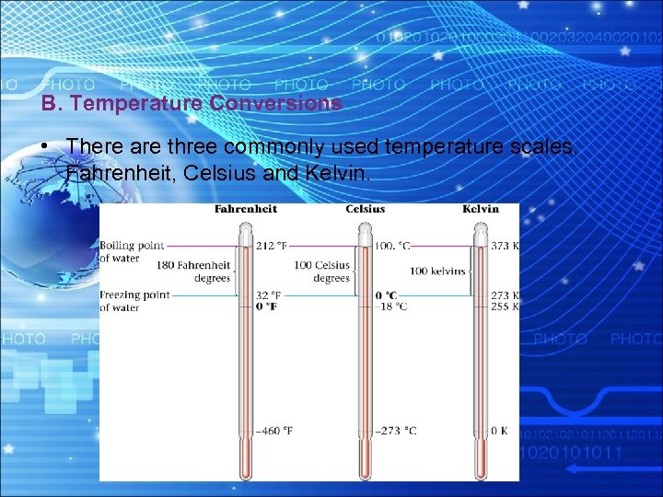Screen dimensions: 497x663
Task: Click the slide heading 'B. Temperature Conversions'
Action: [x=192, y=104]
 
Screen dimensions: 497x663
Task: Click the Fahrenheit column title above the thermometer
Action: [x=245, y=209]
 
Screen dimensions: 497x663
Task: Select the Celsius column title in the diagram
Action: [x=366, y=209]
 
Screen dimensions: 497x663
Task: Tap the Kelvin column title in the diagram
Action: [x=481, y=209]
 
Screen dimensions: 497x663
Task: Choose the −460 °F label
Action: [x=275, y=430]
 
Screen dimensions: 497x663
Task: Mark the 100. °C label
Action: [x=393, y=246]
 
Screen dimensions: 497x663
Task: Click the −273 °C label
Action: [x=396, y=430]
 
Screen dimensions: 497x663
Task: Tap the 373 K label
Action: [x=506, y=246]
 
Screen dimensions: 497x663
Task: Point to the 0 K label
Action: [x=499, y=430]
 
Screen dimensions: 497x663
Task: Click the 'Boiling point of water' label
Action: [x=132, y=252]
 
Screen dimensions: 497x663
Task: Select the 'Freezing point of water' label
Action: [x=134, y=301]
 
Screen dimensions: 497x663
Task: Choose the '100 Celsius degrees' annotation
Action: [x=321, y=272]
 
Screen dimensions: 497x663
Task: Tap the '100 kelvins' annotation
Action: [x=437, y=272]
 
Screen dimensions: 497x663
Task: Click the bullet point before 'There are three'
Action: [x=45, y=147]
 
